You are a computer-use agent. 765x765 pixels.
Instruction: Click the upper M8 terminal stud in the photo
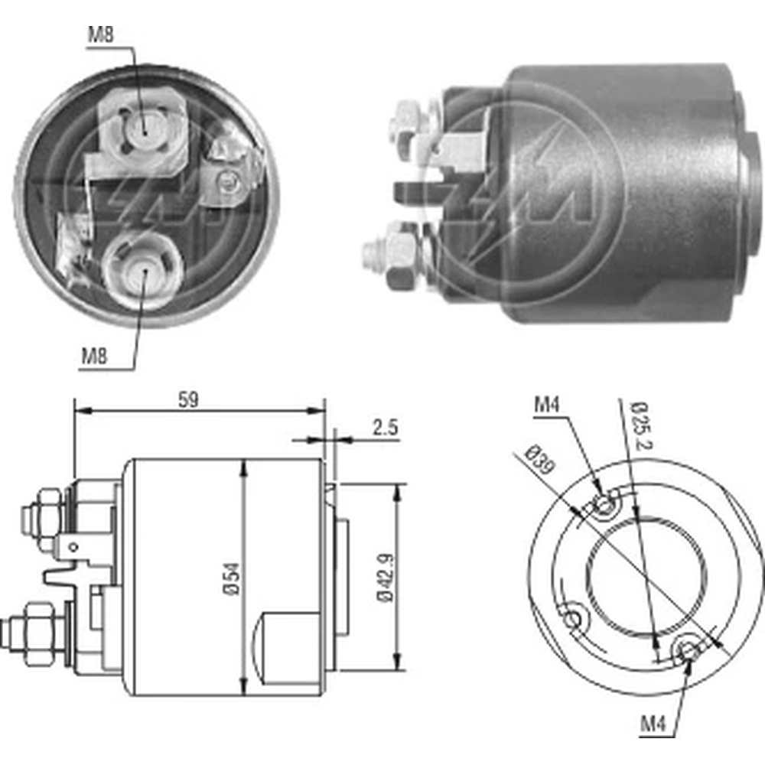(x=146, y=125)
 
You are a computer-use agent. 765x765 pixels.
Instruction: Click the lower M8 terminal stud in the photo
(x=143, y=273)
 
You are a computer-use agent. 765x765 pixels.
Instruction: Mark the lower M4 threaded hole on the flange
(x=688, y=650)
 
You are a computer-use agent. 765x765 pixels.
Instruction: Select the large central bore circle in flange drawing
(x=646, y=577)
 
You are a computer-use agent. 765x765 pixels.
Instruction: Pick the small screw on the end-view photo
(x=226, y=181)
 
